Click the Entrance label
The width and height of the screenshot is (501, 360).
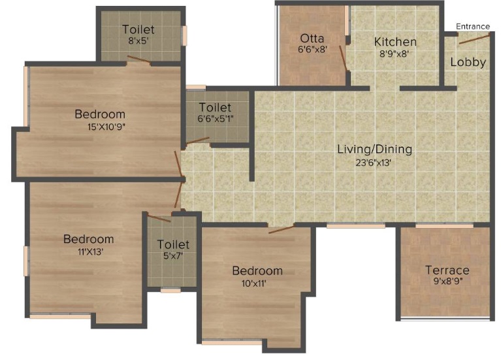(x=472, y=26)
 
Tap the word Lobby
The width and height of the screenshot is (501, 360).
(x=468, y=63)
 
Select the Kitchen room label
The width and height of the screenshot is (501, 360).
(x=395, y=42)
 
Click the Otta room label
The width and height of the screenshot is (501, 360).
(x=312, y=38)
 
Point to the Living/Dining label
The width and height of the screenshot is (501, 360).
(x=374, y=149)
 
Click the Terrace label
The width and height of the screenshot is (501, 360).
(x=447, y=270)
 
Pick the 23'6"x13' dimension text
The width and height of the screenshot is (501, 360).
(x=374, y=163)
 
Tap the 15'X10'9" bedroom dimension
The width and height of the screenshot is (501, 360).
(x=99, y=127)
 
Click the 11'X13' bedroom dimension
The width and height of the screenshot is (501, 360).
(x=88, y=252)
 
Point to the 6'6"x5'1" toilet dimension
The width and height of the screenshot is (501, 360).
(x=215, y=120)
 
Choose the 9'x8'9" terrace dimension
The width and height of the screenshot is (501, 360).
(x=447, y=283)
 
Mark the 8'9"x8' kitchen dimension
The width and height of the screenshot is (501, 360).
(x=395, y=55)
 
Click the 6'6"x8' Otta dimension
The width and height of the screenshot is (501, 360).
(x=312, y=50)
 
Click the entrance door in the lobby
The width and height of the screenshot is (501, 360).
(x=473, y=39)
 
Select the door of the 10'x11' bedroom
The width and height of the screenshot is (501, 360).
(x=281, y=228)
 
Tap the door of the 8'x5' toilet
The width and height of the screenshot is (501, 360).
(x=139, y=59)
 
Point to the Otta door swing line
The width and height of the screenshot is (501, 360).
(x=342, y=58)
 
